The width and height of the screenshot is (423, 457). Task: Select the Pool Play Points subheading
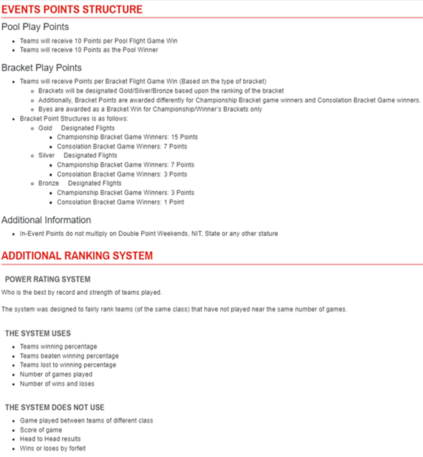pyautogui.click(x=35, y=27)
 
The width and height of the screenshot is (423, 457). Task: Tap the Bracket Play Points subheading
pyautogui.click(x=42, y=68)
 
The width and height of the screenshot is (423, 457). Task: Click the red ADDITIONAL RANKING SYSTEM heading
pyautogui.click(x=77, y=256)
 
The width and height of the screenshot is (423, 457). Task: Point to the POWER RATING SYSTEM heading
pyautogui.click(x=47, y=278)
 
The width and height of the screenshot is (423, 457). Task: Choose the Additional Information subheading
pyautogui.click(x=46, y=220)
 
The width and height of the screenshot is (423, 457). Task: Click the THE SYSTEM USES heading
pyautogui.click(x=39, y=334)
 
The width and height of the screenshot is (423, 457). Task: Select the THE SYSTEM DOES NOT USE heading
pyautogui.click(x=54, y=407)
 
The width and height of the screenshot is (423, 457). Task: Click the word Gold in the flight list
pyautogui.click(x=45, y=127)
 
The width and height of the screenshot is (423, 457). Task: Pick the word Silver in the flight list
pyautogui.click(x=47, y=155)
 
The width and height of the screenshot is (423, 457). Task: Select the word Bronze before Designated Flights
pyautogui.click(x=49, y=183)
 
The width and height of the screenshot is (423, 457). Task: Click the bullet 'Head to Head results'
pyautogui.click(x=50, y=438)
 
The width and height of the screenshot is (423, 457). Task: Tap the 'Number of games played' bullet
pyautogui.click(x=56, y=374)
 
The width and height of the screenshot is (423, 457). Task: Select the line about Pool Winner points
pyautogui.click(x=89, y=50)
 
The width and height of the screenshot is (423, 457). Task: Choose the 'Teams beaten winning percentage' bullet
pyautogui.click(x=69, y=356)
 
